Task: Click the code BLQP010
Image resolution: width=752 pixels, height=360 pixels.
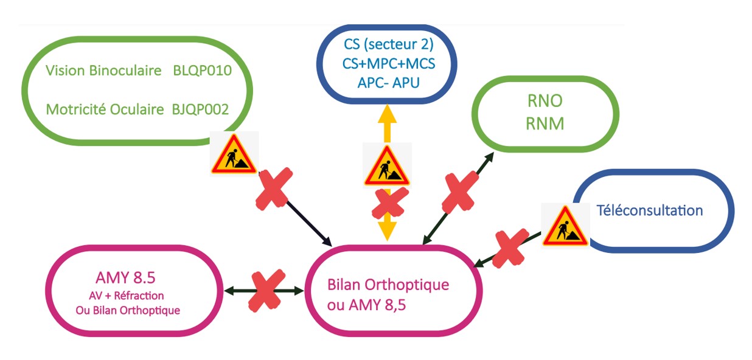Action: [202, 71]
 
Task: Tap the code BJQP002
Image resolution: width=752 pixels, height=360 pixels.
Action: [200, 109]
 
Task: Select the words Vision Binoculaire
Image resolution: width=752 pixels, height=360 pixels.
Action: [103, 71]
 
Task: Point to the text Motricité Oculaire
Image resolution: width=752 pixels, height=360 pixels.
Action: [105, 109]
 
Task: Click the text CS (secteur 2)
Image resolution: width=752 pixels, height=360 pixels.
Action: [388, 44]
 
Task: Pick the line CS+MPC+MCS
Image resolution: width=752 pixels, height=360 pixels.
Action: [388, 64]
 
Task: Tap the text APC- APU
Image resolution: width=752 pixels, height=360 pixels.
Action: [388, 83]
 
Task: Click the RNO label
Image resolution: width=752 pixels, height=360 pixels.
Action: [545, 101]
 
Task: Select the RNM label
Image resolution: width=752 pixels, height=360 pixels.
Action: [545, 123]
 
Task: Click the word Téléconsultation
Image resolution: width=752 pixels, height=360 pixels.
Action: [650, 210]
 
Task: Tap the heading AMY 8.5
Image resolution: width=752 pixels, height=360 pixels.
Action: [125, 278]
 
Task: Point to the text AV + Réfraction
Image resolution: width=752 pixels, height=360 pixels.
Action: [127, 296]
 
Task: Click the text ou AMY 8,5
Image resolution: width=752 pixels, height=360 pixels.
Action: [367, 305]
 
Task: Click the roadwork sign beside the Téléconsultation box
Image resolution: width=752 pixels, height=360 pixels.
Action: [565, 226]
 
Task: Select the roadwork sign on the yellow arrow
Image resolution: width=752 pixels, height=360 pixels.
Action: [387, 165]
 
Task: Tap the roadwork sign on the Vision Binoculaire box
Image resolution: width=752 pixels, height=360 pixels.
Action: [234, 154]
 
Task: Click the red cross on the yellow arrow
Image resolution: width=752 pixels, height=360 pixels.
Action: [390, 204]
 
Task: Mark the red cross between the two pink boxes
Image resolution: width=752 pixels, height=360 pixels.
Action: [266, 291]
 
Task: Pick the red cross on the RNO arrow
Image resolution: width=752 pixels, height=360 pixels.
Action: [460, 192]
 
